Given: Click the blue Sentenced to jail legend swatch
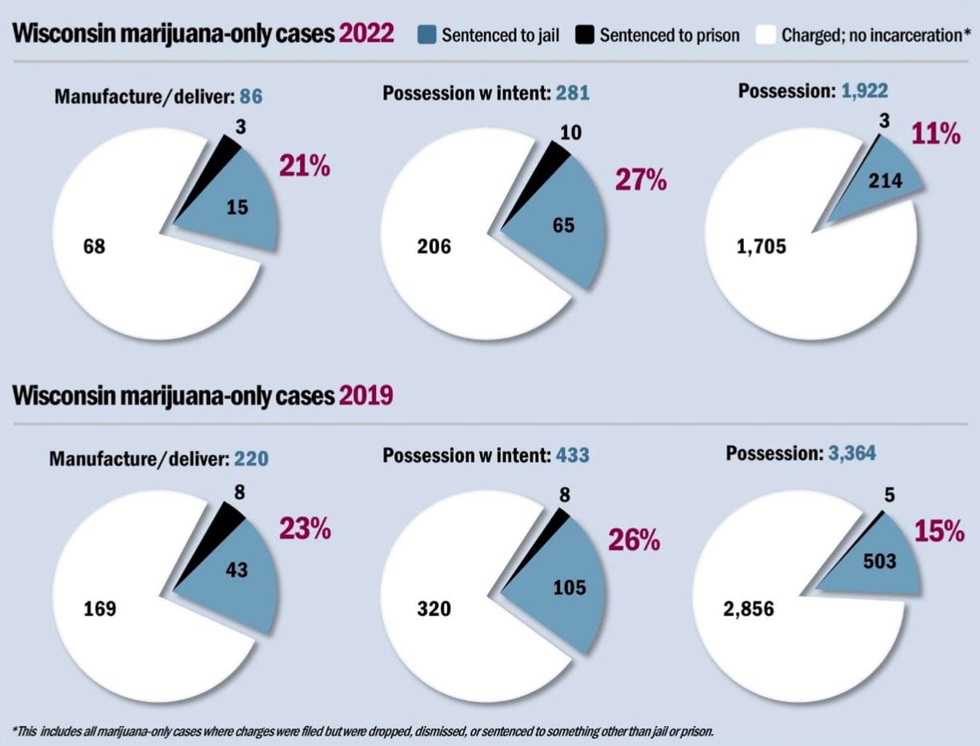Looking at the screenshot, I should tap(426, 34).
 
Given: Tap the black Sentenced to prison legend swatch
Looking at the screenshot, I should tap(584, 34).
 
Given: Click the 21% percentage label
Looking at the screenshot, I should tap(304, 167).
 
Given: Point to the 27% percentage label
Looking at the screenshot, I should tap(641, 180).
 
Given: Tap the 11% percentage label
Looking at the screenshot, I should tap(935, 134).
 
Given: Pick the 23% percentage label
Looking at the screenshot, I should tap(304, 529).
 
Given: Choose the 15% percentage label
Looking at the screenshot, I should tap(939, 531).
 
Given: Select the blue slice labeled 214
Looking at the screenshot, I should tap(880, 182).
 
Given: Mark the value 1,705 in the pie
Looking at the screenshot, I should tap(761, 246).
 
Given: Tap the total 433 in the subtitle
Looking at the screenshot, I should tap(572, 456).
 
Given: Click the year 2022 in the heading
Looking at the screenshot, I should tap(366, 34).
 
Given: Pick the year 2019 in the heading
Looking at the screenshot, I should tap(366, 396).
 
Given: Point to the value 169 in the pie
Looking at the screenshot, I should tap(100, 609).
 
